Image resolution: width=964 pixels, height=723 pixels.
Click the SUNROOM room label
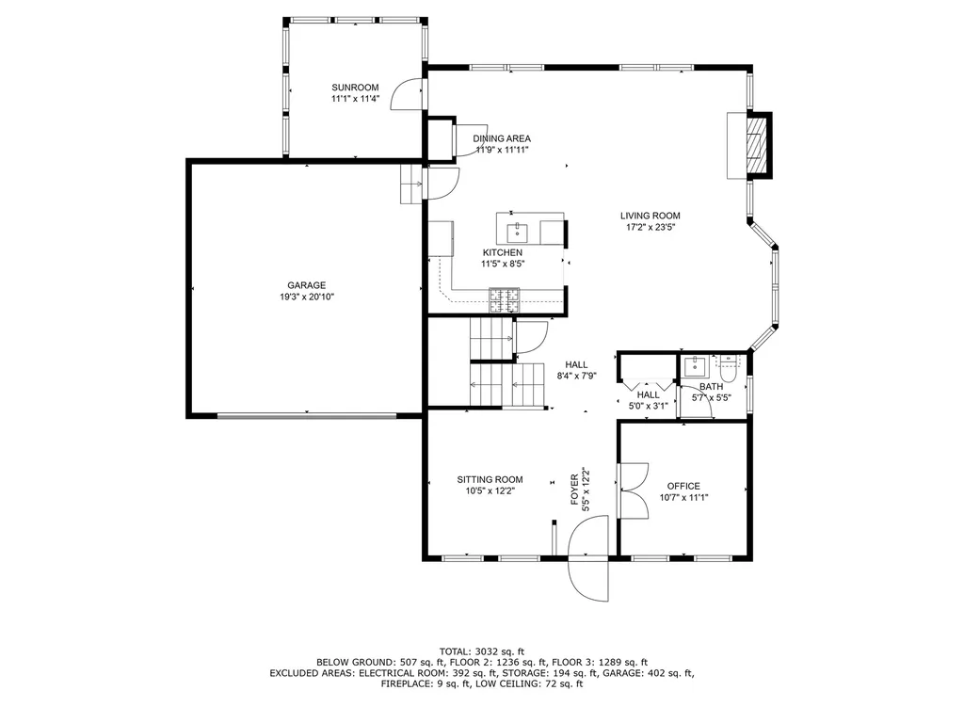[x=354, y=88]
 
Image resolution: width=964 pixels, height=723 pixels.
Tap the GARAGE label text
[x=306, y=285]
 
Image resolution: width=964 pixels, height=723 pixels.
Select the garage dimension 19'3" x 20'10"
[x=306, y=297]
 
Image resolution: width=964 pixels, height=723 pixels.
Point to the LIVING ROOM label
[x=650, y=216]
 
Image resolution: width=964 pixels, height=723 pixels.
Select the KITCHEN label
[x=502, y=253]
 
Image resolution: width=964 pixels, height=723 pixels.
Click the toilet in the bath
[x=729, y=364]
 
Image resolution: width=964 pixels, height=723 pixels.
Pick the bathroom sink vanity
[x=697, y=365]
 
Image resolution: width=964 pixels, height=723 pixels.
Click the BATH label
[x=711, y=387]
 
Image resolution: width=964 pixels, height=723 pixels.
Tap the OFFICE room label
[x=683, y=486]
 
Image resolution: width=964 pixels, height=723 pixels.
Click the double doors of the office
[x=633, y=490]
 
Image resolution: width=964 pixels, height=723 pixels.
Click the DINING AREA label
[x=501, y=138]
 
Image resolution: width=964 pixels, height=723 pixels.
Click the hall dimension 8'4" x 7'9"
[x=576, y=377]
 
